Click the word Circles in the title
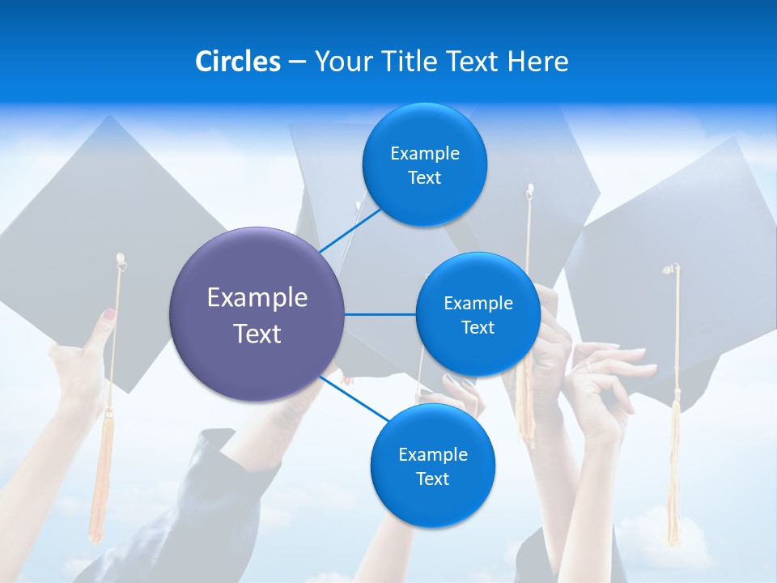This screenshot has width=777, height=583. coord(237,62)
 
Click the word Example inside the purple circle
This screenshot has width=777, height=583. coord(257,297)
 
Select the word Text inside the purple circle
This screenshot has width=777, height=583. coord(257,334)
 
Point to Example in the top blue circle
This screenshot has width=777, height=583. coord(425,154)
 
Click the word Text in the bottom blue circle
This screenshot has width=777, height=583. coord(432,479)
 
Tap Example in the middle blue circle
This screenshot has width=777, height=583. coord(478,304)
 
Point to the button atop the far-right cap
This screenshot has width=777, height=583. coord(671,268)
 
